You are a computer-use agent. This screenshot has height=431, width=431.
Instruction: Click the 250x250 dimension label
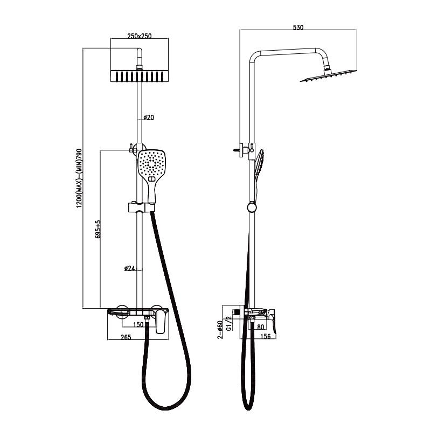pos(140,36)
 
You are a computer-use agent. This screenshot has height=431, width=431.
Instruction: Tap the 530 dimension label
pos(298,27)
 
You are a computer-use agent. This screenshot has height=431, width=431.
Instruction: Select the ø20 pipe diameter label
pos(149,117)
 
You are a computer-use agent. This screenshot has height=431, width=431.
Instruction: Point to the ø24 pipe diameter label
pos(129,268)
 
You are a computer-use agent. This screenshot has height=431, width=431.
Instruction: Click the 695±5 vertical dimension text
pos(98,228)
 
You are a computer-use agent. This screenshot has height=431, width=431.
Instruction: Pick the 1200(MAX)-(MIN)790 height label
pos(79,178)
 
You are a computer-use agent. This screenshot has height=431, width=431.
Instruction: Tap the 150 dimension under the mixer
pos(138,324)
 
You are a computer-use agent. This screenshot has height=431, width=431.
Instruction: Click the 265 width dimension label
pos(126,337)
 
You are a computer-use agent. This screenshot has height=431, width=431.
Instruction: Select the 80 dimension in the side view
pos(261,327)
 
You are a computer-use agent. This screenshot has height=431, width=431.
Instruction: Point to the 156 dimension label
pos(265,336)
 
